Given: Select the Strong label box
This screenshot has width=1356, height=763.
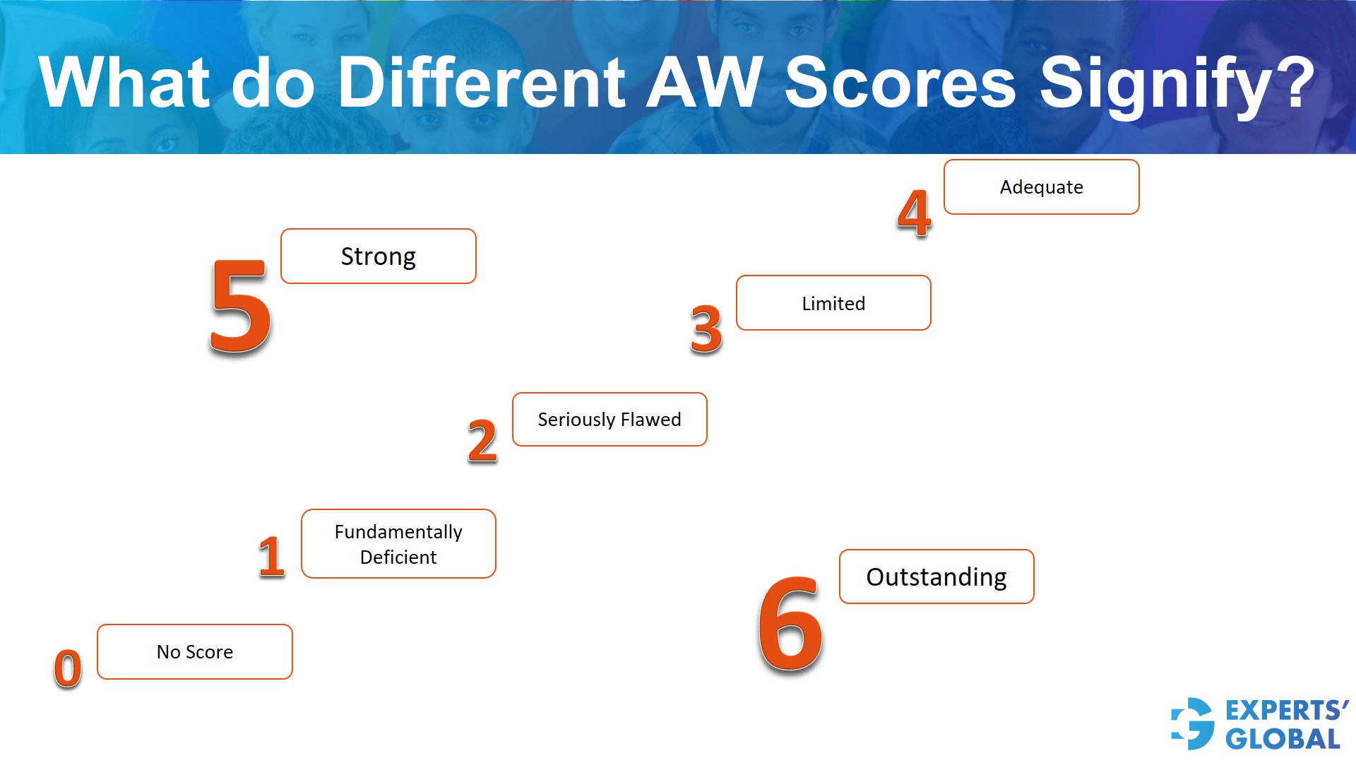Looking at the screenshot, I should [x=378, y=256].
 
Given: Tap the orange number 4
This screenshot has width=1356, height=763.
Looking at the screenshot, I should [x=914, y=213].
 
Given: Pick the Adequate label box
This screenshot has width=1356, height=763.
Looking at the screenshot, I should [x=1041, y=187].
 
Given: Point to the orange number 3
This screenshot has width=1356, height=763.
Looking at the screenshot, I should [x=706, y=329].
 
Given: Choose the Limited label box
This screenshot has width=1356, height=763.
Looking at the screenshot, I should [x=833, y=303].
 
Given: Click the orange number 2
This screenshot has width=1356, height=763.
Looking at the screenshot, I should [x=482, y=441].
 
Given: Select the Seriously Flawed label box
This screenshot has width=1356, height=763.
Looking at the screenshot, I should [x=609, y=420].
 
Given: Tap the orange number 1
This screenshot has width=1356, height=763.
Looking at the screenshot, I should [x=271, y=556].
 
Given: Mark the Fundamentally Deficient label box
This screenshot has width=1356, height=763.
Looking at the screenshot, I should [x=398, y=544].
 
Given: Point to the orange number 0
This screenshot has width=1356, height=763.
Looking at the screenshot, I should [x=68, y=668].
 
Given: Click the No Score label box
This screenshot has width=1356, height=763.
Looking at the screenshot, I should [x=195, y=652].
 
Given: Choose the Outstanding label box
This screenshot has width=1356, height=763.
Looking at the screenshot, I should [x=936, y=577].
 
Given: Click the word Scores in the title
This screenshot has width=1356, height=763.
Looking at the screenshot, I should [x=900, y=83].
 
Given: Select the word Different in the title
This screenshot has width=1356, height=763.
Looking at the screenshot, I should [x=482, y=83].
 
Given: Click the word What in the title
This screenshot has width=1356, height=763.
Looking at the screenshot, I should [x=124, y=83].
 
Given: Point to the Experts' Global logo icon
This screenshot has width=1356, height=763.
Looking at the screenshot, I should [x=1193, y=723].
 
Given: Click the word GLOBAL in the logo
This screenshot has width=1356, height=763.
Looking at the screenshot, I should [x=1283, y=739].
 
